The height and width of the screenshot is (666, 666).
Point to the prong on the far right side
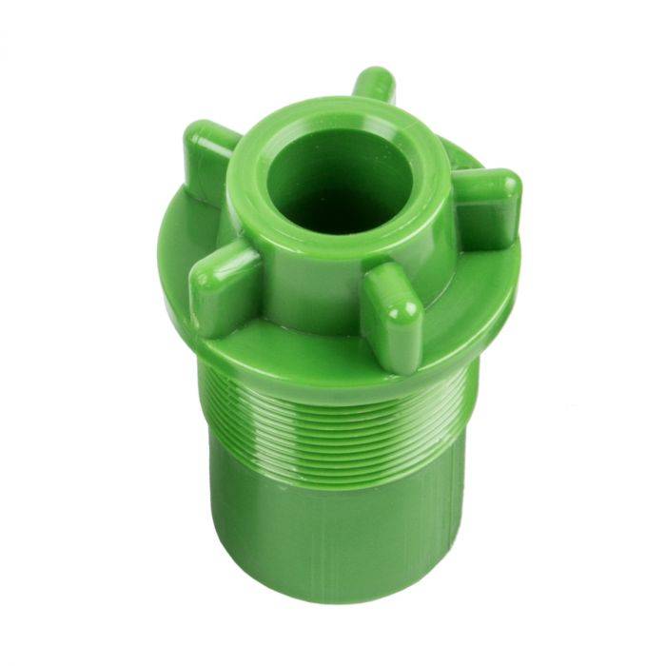point(487,204)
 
